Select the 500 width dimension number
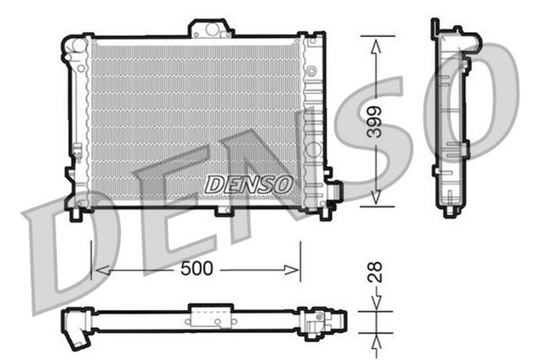[196, 270]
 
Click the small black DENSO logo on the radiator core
[248, 183]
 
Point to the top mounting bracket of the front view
[210, 29]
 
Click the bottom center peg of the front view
[224, 209]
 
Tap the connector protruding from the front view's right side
[335, 191]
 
